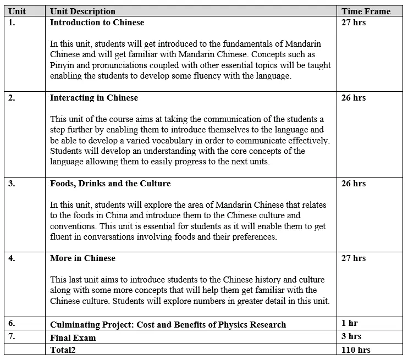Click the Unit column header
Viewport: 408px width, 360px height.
[x=17, y=11]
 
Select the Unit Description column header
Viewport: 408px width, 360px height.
[x=82, y=11]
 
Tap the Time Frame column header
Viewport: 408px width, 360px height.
[x=366, y=11]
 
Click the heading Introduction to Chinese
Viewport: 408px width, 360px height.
[x=97, y=23]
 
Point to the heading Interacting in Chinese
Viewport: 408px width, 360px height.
[x=94, y=98]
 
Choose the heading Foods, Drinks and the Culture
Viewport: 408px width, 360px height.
[x=110, y=184]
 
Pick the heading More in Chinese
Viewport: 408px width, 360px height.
[x=82, y=258]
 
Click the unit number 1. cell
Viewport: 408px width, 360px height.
[x=12, y=23]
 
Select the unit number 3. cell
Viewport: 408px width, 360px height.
[x=12, y=184]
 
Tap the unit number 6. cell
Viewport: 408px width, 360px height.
[x=12, y=324]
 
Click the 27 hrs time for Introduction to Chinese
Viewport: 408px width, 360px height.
[x=354, y=23]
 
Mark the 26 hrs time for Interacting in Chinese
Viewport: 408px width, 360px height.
[x=354, y=98]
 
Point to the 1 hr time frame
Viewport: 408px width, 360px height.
[x=350, y=323]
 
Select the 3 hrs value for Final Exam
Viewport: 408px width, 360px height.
[x=351, y=336]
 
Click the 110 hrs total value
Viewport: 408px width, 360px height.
[x=356, y=350]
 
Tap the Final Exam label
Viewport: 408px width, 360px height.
[x=73, y=337]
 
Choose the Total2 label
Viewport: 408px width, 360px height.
[x=63, y=350]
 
